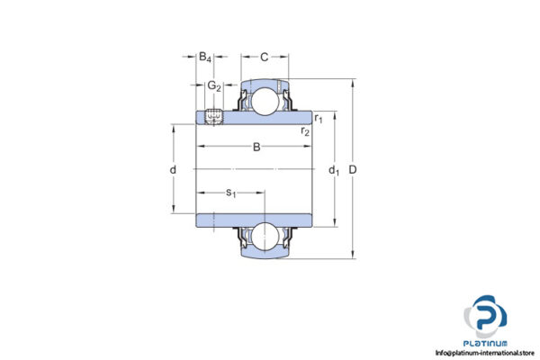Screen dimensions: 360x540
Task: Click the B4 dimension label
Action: point(205,58)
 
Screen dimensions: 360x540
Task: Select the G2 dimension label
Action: point(214,86)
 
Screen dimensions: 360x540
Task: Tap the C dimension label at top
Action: point(264,58)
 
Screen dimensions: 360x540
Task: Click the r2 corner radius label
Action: point(306,132)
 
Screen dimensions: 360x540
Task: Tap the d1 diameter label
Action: point(333,170)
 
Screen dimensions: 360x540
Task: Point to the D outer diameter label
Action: point(364,170)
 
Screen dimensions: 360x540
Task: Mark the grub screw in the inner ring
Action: point(214,117)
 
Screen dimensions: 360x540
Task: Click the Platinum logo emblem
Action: point(485,318)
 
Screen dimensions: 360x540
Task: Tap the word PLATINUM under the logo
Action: point(487,343)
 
